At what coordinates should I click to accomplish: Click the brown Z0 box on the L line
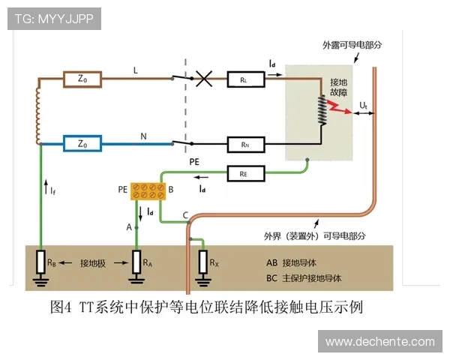(83, 77)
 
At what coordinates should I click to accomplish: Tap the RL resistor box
(244, 77)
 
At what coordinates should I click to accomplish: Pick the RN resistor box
(244, 142)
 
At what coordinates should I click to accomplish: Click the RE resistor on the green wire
(244, 174)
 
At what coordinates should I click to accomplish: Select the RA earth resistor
(136, 263)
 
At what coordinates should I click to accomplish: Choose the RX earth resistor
(204, 263)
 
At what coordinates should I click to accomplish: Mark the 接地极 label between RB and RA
(92, 263)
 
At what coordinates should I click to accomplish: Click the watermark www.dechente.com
(379, 341)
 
